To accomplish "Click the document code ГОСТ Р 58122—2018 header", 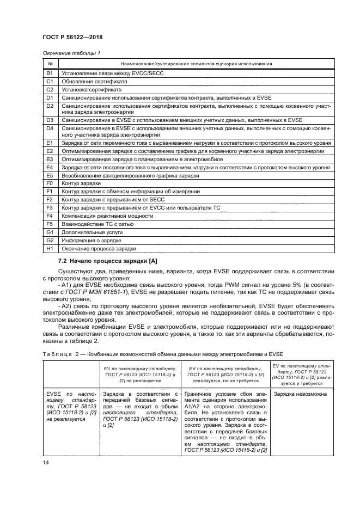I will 72,37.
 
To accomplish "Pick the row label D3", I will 50,119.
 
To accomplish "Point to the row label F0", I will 50,184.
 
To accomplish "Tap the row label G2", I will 50,240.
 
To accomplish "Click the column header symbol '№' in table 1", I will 50,64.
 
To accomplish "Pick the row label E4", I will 50,168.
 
